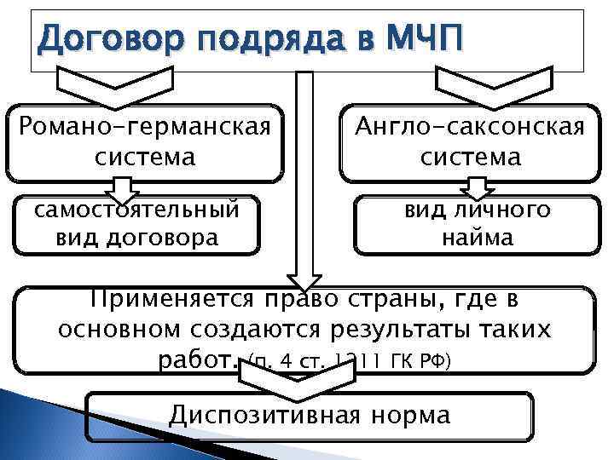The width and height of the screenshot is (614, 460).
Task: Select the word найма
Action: point(478,238)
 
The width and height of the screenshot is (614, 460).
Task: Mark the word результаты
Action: point(397,330)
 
